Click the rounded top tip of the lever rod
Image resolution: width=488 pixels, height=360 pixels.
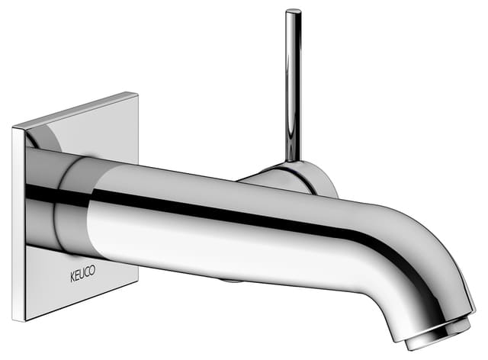pyautogui.click(x=293, y=12)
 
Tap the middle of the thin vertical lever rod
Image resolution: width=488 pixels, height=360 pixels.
pyautogui.click(x=293, y=84)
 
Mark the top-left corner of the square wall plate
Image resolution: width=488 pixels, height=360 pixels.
pyautogui.click(x=13, y=127)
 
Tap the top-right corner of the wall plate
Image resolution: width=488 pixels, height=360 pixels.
pyautogui.click(x=138, y=93)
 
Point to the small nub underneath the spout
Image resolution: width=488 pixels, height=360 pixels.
pyautogui.click(x=226, y=279)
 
